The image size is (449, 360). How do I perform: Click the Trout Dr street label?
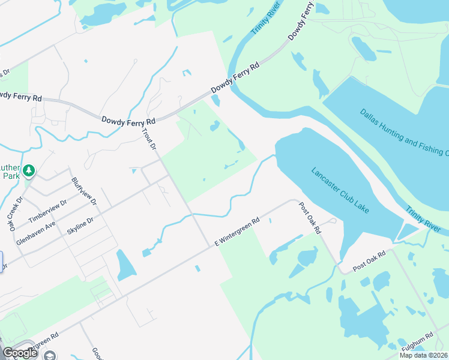pos(149,138)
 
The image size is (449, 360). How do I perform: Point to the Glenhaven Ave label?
pos(36,232)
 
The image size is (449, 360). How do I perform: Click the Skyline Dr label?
pos(80,229)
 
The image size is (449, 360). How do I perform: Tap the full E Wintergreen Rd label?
pos(237,232)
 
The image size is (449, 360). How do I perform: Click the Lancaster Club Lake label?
pos(340,190)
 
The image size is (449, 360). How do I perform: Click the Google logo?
pos(20,353)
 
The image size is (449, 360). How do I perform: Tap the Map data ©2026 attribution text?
pos(423,355)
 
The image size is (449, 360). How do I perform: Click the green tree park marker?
pos(28,172)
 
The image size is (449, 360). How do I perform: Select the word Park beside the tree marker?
pos(10,177)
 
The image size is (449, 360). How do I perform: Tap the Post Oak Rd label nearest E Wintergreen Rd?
pos(310,218)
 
